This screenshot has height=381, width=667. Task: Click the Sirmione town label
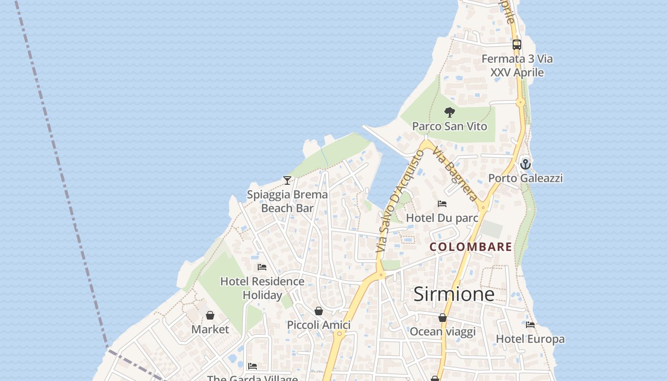click(x=454, y=294)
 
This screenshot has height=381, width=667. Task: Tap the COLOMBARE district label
click(x=471, y=247)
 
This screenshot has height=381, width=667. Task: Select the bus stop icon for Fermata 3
click(x=517, y=45)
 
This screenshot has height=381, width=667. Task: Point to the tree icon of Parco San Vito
click(x=449, y=113)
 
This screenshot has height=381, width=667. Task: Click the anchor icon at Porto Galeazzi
click(x=525, y=164)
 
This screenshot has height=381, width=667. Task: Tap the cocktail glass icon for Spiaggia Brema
click(x=287, y=180)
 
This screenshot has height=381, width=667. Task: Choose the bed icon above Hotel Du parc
click(x=442, y=204)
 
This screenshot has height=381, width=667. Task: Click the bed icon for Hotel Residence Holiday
click(x=262, y=267)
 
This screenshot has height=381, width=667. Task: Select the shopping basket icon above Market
click(x=210, y=315)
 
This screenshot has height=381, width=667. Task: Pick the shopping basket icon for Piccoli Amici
click(x=319, y=311)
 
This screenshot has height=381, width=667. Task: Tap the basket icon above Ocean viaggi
click(x=443, y=318)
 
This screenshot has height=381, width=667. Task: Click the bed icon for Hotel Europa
click(x=530, y=325)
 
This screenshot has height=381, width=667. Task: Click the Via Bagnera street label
click(x=455, y=173)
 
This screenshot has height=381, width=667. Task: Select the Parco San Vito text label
click(x=449, y=126)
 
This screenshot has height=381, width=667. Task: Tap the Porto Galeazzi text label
click(x=525, y=178)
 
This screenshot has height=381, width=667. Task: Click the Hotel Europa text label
click(x=530, y=339)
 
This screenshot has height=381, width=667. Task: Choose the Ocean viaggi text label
click(x=443, y=332)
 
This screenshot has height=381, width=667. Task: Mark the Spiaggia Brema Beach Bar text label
click(x=287, y=201)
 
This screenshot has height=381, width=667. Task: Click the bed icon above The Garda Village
click(x=253, y=366)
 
